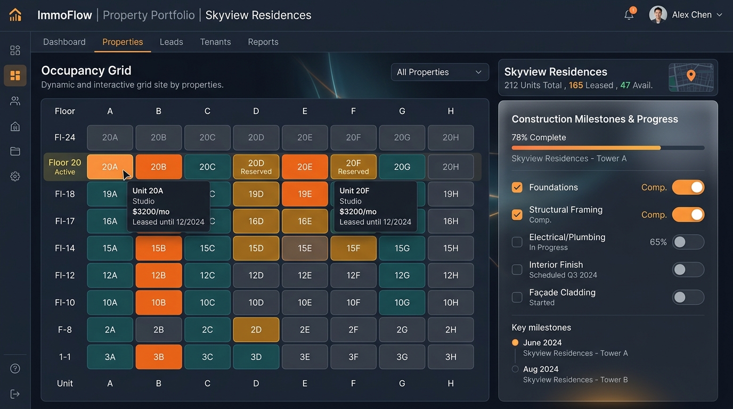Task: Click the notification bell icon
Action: [x=629, y=15]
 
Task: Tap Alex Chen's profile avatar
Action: [x=658, y=15]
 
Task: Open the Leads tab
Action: [x=171, y=42]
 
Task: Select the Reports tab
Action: [x=263, y=42]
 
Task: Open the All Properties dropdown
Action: [x=440, y=72]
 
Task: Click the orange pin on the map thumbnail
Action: [x=691, y=75]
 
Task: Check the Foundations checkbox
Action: [x=517, y=187]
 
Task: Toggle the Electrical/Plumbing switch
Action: [x=688, y=242]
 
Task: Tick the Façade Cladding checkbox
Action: [x=517, y=297]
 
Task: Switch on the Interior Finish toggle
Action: [x=688, y=269]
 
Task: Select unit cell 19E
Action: [x=305, y=194]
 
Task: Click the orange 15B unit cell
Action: [x=159, y=248]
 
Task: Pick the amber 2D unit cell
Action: [x=256, y=330]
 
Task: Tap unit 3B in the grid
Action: [x=159, y=357]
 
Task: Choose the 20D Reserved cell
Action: [x=256, y=167]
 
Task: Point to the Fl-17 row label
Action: [x=65, y=221]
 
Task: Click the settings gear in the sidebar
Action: [x=15, y=176]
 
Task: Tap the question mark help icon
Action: [x=15, y=369]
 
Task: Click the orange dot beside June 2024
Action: [x=515, y=342]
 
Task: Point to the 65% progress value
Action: [x=658, y=242]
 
